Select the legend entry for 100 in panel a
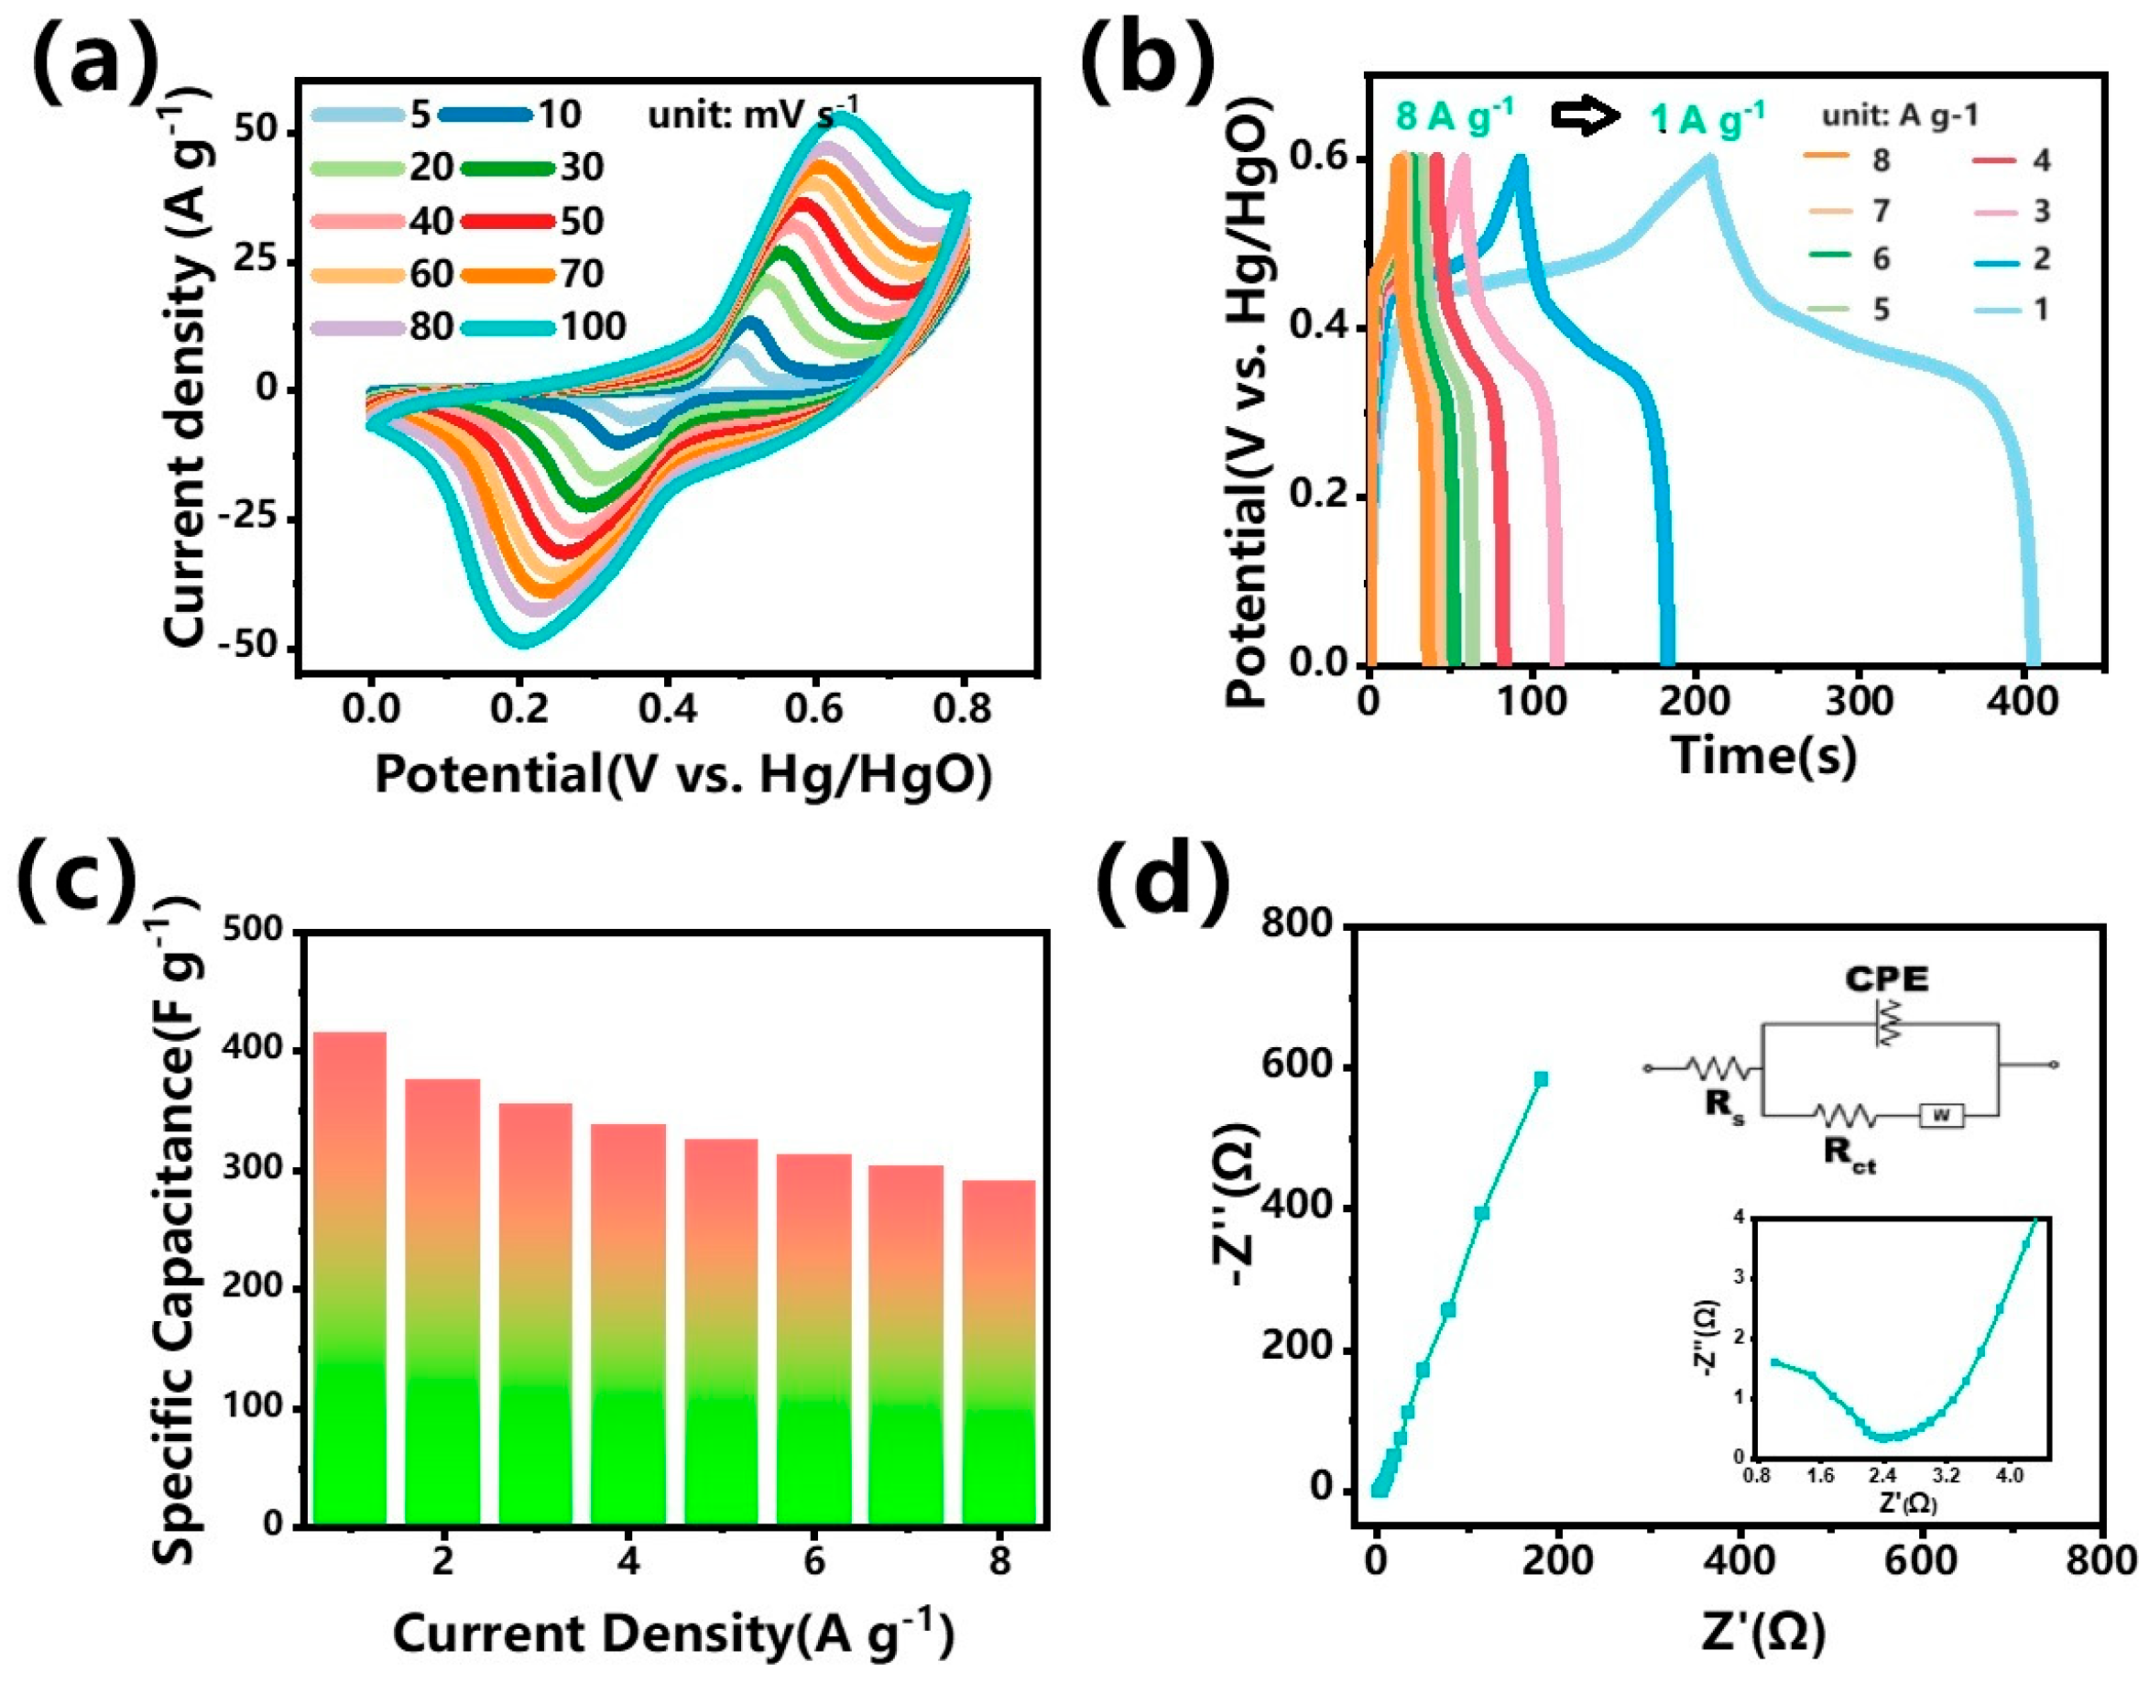[551, 325]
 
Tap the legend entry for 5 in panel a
[374, 115]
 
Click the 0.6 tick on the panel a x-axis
[817, 707]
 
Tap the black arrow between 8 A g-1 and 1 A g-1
[1585, 117]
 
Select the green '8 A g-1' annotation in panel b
[1455, 117]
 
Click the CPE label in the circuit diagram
[1886, 979]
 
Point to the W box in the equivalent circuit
[1940, 1115]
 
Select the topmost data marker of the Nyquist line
[1541, 1079]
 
